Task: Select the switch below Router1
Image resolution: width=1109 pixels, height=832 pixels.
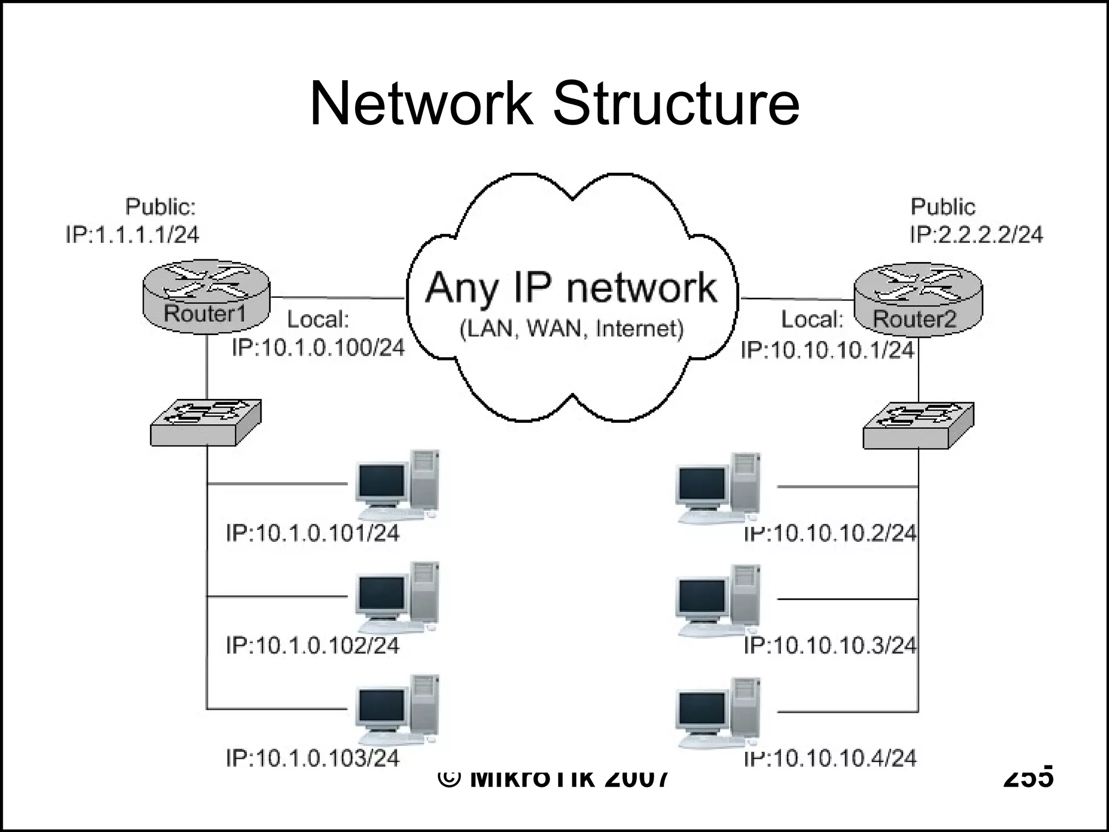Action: [206, 423]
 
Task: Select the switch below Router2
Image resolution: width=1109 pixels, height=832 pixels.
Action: [918, 425]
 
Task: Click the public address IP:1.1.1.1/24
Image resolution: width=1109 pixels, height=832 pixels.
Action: [133, 235]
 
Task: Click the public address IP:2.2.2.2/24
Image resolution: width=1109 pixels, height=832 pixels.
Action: [976, 235]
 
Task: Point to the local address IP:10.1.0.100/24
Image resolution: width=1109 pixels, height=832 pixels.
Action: [318, 348]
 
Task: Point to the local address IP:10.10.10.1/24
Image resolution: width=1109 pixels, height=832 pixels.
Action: [827, 350]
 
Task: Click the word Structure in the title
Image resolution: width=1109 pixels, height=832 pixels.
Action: [675, 104]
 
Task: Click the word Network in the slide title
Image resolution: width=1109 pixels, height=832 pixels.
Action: [421, 104]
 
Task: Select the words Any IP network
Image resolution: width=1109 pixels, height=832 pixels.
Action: [571, 288]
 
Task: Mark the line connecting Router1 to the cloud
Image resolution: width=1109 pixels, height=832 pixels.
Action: [337, 297]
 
